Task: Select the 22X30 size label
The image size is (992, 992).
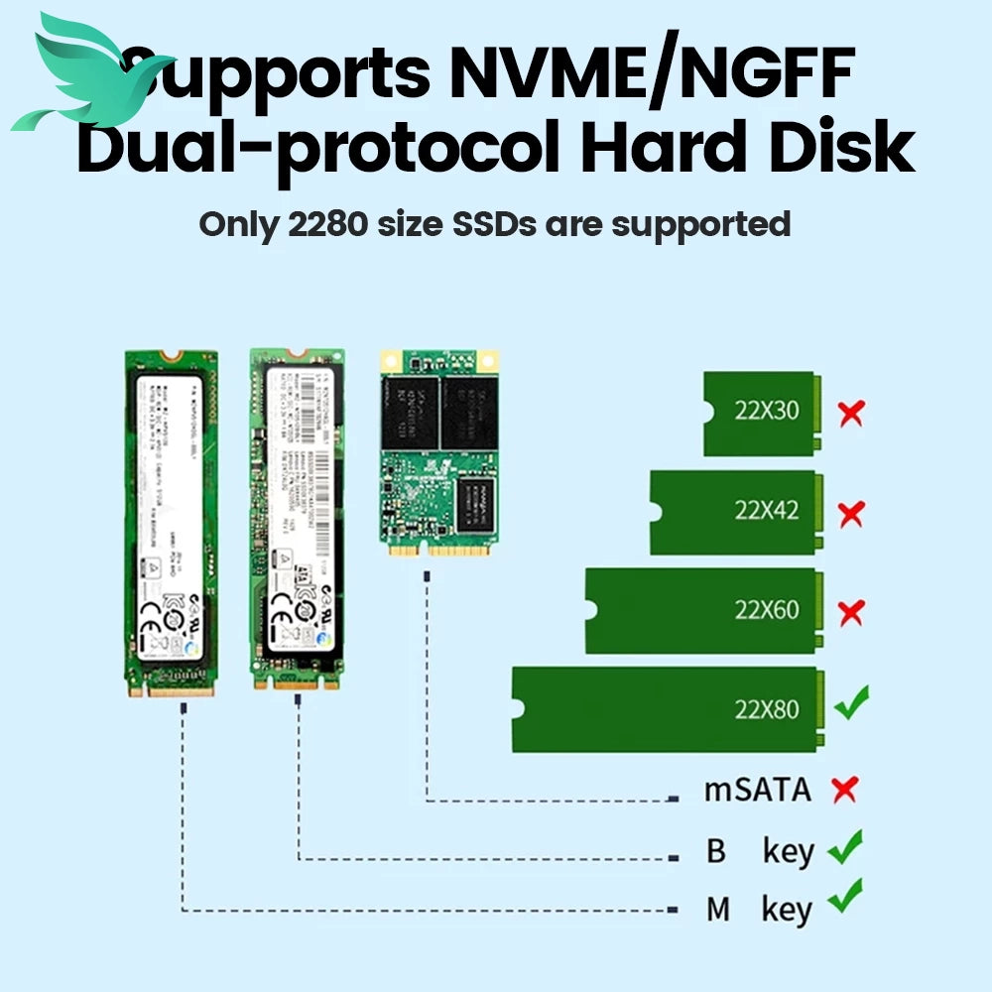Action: tap(766, 410)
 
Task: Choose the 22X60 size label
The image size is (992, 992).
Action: tap(766, 609)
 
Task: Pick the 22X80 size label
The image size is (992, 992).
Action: tap(766, 709)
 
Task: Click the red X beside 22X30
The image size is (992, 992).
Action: tap(850, 413)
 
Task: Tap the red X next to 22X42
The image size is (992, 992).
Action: tap(850, 514)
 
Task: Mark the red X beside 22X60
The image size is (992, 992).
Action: tap(850, 612)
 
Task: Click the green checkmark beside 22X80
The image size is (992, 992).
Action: tap(851, 703)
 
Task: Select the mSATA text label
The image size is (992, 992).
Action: tap(757, 790)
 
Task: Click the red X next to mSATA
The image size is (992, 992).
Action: tap(844, 790)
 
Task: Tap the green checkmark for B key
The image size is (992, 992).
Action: tap(845, 847)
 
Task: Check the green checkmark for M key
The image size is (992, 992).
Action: tap(845, 897)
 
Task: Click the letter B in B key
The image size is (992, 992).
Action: tap(716, 851)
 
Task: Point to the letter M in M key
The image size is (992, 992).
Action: tap(717, 909)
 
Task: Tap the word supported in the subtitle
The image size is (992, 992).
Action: tap(700, 223)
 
